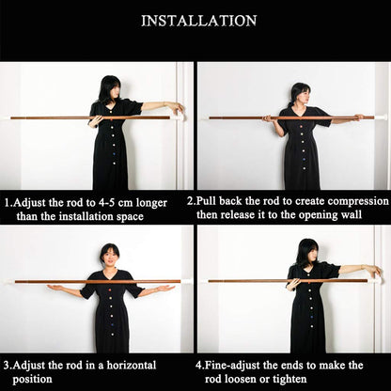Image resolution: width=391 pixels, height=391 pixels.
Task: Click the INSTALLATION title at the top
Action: (199, 21)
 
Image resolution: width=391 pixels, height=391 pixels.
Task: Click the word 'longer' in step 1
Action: (149, 204)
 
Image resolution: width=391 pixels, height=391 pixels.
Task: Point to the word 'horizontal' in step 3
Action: (132, 366)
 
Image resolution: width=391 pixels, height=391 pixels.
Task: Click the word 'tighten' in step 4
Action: (289, 380)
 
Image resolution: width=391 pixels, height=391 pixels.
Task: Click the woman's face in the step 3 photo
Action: (110, 258)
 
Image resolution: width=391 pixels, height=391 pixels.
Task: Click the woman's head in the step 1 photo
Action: (110, 89)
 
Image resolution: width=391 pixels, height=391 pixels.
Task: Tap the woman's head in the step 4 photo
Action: (308, 253)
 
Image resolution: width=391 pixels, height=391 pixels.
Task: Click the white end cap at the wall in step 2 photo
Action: (381, 117)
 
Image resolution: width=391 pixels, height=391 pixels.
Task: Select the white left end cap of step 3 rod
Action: (8, 282)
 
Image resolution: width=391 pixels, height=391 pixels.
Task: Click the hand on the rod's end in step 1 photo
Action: (179, 108)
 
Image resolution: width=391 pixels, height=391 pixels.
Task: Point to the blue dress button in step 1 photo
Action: (114, 154)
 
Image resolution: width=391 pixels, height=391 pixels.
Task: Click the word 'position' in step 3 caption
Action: (32, 380)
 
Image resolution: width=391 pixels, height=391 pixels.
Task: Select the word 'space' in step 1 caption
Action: (130, 217)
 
